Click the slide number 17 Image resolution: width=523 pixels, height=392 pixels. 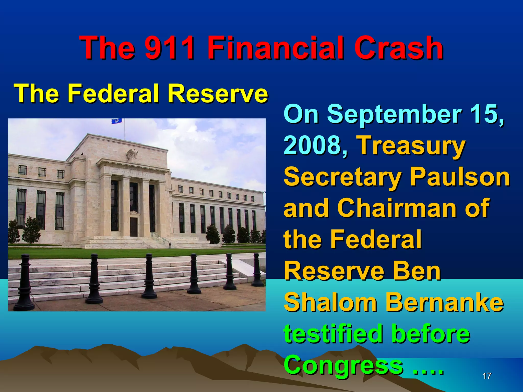[x=487, y=376]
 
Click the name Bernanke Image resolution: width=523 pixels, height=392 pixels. [x=444, y=303]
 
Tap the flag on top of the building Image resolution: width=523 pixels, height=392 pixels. [x=117, y=121]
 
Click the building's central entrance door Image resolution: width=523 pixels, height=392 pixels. [x=134, y=226]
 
